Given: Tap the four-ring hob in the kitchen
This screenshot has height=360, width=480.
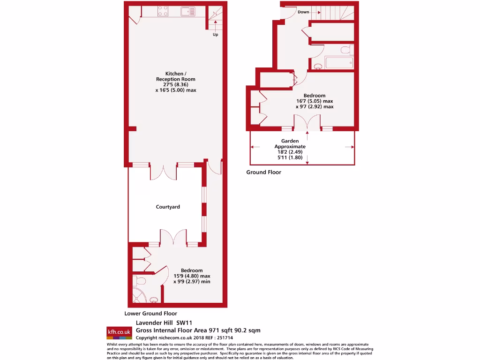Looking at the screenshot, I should (164, 11).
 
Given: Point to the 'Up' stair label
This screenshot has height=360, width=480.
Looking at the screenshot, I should (215, 35).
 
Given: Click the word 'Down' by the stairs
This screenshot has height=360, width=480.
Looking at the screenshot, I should (303, 12).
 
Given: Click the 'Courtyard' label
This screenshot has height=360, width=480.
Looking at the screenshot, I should (168, 207).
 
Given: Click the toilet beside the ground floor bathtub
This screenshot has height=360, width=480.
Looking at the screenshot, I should (345, 50).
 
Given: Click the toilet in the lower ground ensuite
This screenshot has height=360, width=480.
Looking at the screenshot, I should (140, 281).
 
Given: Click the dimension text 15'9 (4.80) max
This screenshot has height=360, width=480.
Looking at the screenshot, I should (192, 276).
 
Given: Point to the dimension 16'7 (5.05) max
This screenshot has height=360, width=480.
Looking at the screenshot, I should (314, 101).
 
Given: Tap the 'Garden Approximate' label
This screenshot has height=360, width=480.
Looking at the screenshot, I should (293, 143).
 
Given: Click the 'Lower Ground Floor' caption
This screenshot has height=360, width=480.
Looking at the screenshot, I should (150, 314).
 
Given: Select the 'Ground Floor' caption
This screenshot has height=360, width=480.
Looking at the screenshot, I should (264, 172).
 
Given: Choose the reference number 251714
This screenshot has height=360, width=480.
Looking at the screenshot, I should (224, 337).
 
